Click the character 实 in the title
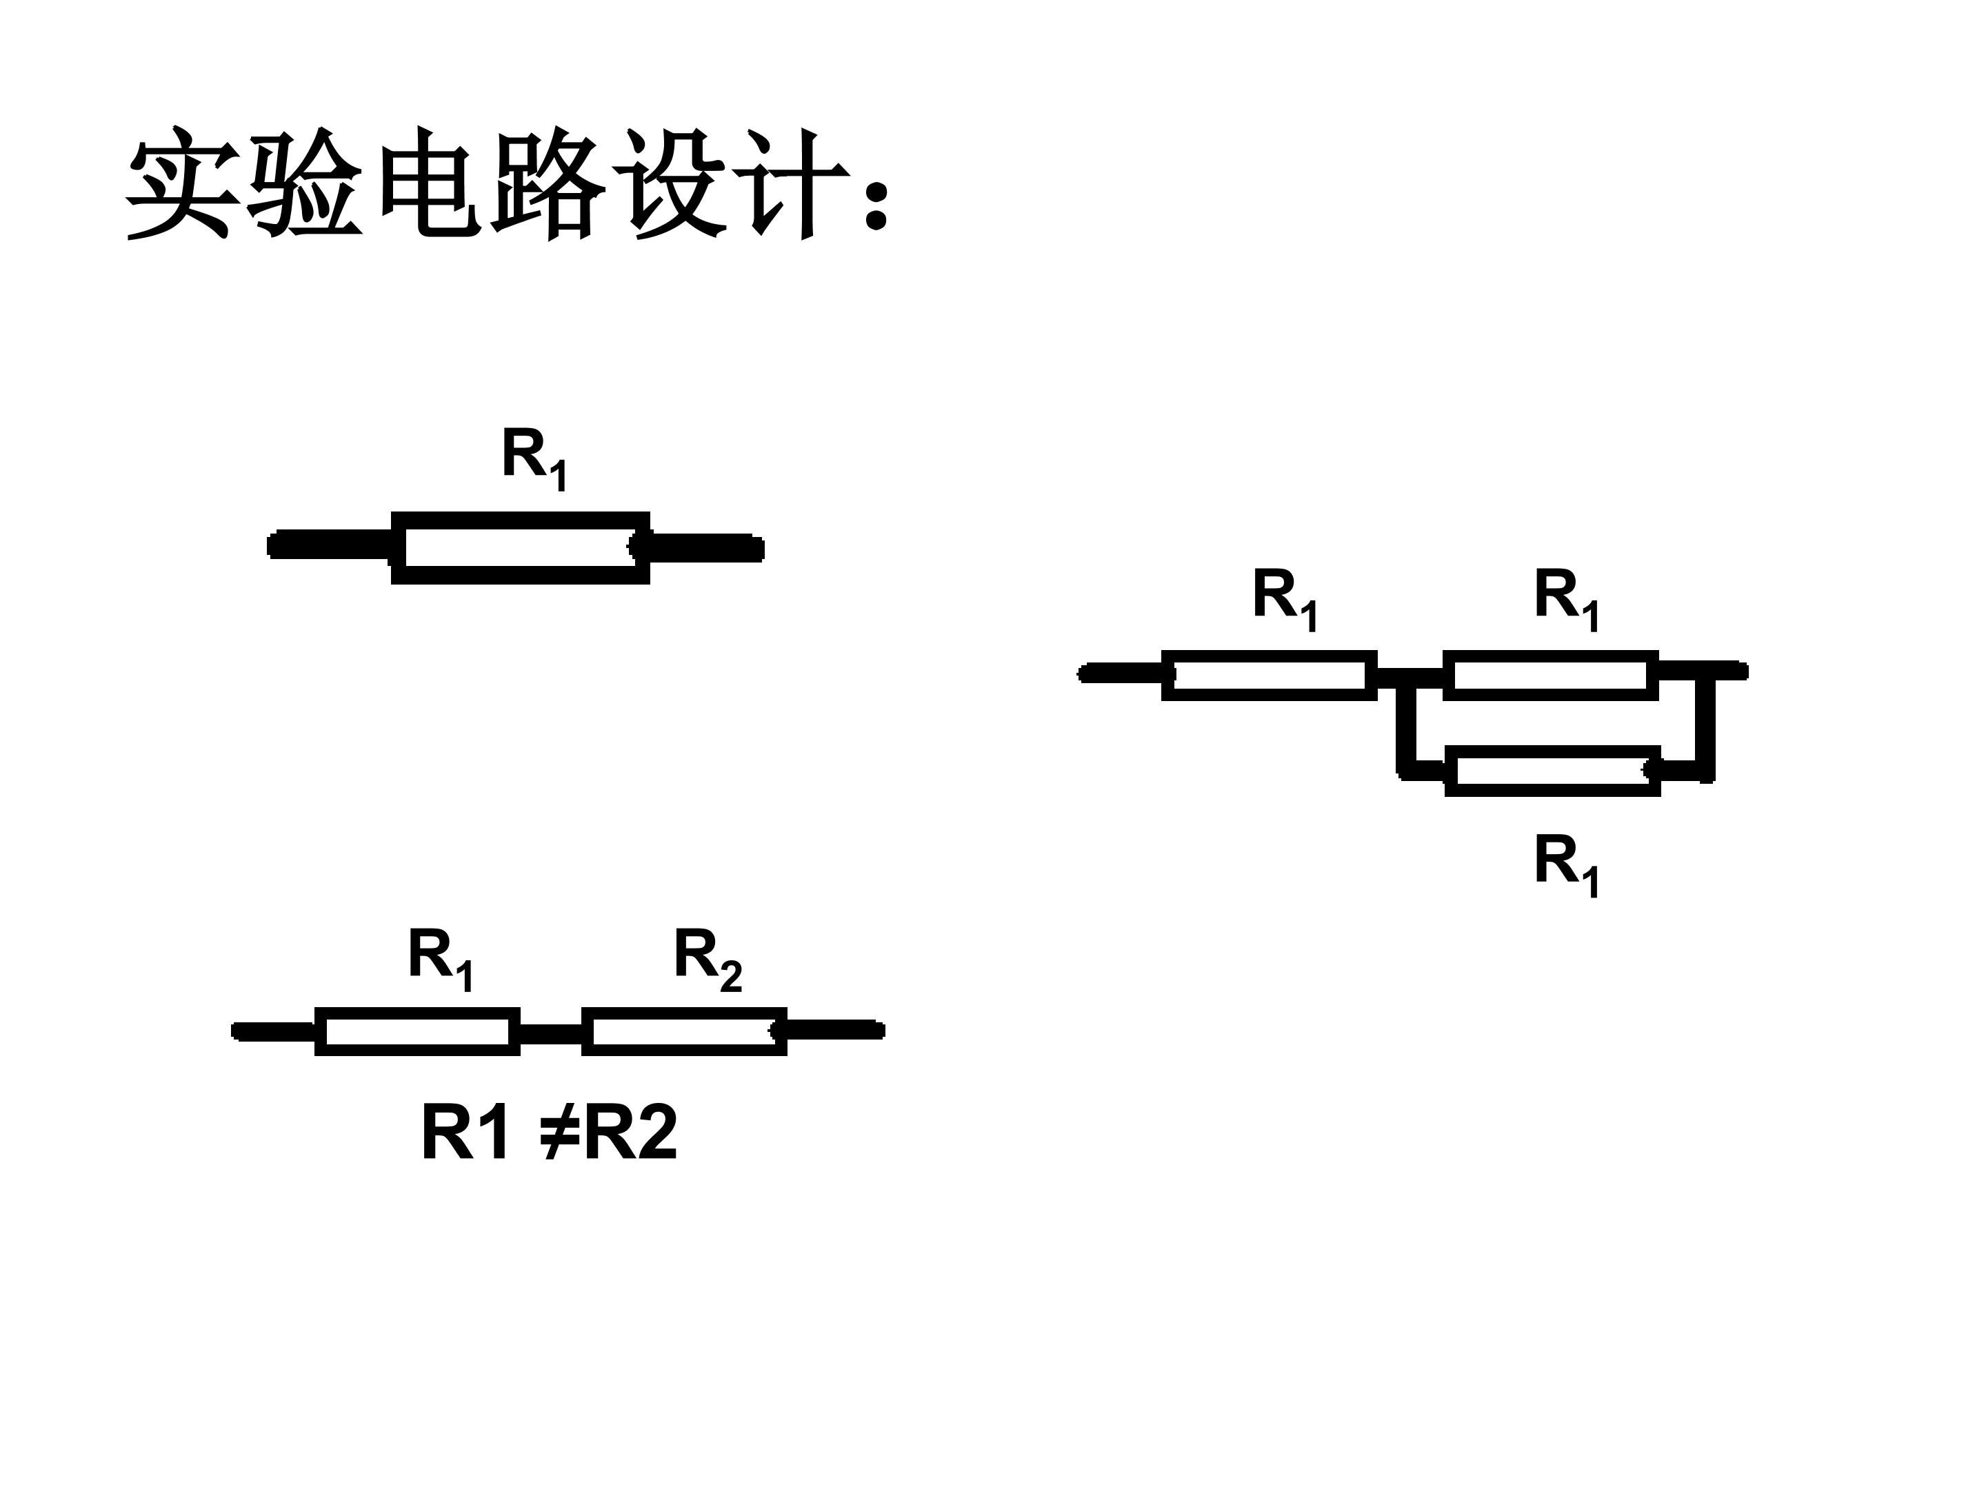[179, 184]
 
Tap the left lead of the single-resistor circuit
[330, 545]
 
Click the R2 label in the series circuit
[708, 960]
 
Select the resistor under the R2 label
[684, 1031]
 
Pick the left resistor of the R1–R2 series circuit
[417, 1031]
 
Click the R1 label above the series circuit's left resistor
[441, 960]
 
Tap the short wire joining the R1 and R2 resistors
[551, 1034]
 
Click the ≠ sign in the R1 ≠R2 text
[559, 1133]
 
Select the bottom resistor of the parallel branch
[1552, 771]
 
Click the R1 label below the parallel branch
[1567, 865]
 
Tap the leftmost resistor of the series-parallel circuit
[1269, 675]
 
